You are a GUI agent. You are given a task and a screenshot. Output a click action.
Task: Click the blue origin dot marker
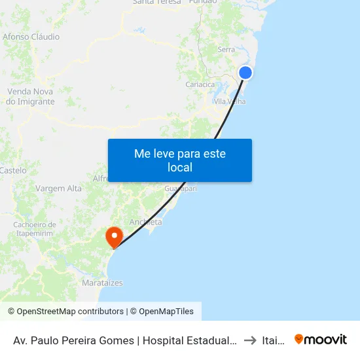tap(245, 73)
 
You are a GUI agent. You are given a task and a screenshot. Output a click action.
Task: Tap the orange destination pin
tap(115, 236)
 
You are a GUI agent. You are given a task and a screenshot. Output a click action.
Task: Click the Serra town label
tap(226, 49)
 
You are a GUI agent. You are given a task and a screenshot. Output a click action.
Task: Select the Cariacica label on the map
tap(200, 84)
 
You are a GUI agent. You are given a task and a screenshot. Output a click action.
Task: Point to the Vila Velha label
tap(229, 101)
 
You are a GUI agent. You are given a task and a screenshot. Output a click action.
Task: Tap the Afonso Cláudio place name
tap(31, 37)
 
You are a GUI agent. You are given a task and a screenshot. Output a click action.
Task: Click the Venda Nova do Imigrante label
tap(31, 96)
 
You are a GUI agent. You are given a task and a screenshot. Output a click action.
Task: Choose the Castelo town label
tap(14, 170)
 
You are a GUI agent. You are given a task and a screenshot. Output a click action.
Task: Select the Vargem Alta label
tap(59, 189)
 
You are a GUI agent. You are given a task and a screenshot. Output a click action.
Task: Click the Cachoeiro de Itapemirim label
tap(33, 228)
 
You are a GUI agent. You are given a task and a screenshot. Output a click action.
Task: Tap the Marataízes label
tap(102, 283)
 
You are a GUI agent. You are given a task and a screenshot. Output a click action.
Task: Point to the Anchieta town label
tap(145, 222)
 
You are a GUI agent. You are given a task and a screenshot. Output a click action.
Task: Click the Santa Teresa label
tap(156, 2)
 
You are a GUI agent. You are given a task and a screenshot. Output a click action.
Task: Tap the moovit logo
tap(321, 339)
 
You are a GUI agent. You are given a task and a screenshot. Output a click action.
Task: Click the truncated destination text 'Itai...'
tap(274, 340)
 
